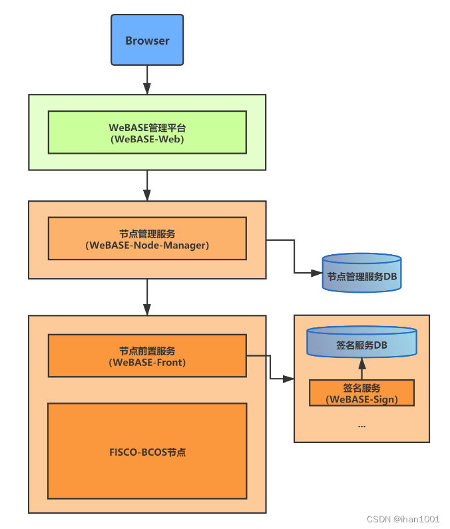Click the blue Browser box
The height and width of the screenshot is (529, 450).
coord(147,41)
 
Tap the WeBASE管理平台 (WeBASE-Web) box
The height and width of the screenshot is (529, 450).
coord(147,132)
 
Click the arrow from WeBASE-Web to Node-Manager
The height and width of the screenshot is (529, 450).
coord(147,186)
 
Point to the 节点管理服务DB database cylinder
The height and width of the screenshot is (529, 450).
coord(361,273)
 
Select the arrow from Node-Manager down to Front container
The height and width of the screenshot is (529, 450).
coord(147,297)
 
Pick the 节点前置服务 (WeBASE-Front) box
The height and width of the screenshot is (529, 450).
coord(147,356)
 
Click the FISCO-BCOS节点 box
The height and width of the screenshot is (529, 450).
coord(147,451)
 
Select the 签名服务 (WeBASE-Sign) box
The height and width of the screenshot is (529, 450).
coord(361,393)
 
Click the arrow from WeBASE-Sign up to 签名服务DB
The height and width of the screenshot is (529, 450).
coord(361,369)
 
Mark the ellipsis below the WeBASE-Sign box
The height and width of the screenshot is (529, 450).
coord(361,425)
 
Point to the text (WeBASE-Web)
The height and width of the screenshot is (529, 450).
coord(147,139)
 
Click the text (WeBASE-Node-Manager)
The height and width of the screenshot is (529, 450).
coord(147,246)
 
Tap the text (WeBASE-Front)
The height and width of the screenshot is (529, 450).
coord(147,363)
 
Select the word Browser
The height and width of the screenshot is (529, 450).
coord(147,41)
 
